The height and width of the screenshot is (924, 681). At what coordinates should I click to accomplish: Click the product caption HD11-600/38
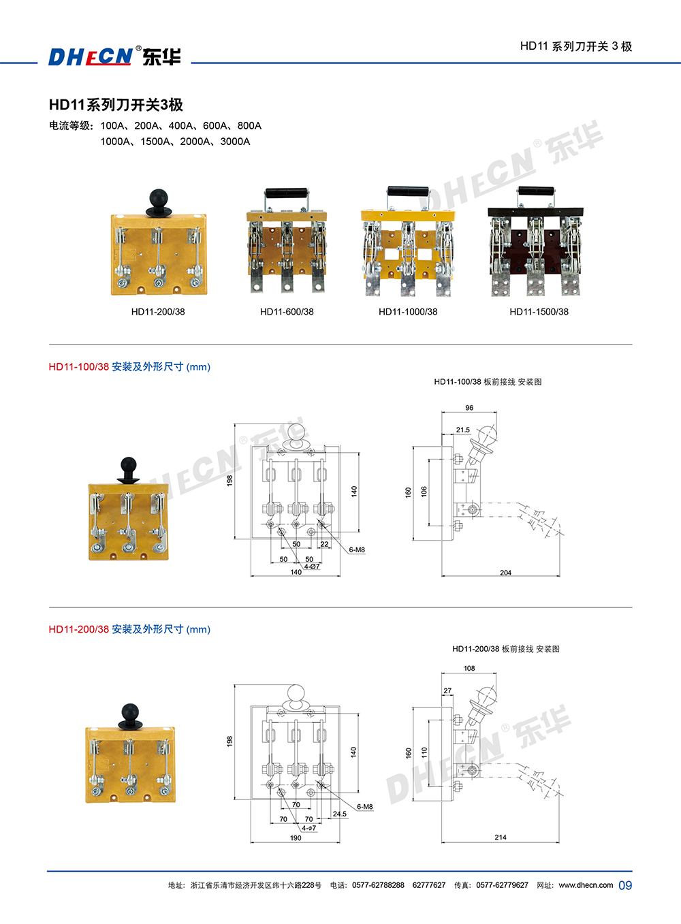tap(287, 312)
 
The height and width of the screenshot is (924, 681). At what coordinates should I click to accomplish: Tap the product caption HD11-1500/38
tap(539, 312)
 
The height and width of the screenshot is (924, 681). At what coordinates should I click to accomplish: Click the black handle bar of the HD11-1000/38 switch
tap(408, 192)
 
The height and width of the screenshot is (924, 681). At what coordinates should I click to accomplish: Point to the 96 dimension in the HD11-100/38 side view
tap(469, 408)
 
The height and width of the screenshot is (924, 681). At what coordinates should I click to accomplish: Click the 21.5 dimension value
tap(463, 430)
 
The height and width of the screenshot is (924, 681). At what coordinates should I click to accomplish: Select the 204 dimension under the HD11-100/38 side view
tap(506, 573)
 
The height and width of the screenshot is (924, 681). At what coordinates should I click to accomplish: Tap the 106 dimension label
tap(424, 492)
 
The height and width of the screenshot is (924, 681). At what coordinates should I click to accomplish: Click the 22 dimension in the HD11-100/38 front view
tap(325, 544)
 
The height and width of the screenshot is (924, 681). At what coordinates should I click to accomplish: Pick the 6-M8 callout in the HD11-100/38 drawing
tap(357, 549)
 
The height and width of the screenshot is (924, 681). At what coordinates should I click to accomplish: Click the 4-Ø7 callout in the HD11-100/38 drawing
tap(313, 567)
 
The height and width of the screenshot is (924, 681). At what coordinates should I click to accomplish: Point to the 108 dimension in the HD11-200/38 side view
tap(469, 668)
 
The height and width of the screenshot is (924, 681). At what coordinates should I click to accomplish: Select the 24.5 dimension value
tap(340, 814)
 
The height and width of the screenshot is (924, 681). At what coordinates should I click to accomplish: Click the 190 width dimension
tap(296, 838)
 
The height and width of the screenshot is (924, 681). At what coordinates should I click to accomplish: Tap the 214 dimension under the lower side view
tap(501, 837)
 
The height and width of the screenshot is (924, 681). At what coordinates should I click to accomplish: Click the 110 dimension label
tap(424, 752)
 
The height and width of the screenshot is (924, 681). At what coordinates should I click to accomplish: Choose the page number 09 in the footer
tap(625, 885)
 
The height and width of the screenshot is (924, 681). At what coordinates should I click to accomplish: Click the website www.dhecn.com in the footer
tap(586, 885)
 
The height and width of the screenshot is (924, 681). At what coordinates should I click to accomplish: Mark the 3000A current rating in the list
tap(235, 142)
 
